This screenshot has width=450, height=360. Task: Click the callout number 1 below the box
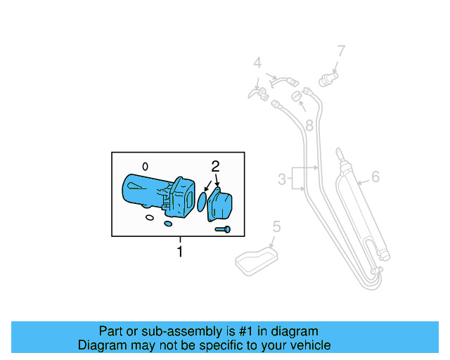[180, 251]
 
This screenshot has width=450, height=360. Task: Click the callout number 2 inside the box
[216, 167]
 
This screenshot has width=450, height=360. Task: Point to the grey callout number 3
[282, 179]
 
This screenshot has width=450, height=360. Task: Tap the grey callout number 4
[257, 63]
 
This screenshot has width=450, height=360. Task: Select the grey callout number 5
[276, 226]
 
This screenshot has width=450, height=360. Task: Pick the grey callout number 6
[375, 176]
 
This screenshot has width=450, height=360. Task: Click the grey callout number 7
[341, 51]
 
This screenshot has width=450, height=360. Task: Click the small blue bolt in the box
[223, 229]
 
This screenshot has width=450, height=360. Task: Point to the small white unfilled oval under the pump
[149, 218]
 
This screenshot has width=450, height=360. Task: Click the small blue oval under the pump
[167, 224]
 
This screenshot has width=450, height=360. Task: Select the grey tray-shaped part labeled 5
[255, 259]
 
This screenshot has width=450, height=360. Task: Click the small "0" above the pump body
[145, 167]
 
